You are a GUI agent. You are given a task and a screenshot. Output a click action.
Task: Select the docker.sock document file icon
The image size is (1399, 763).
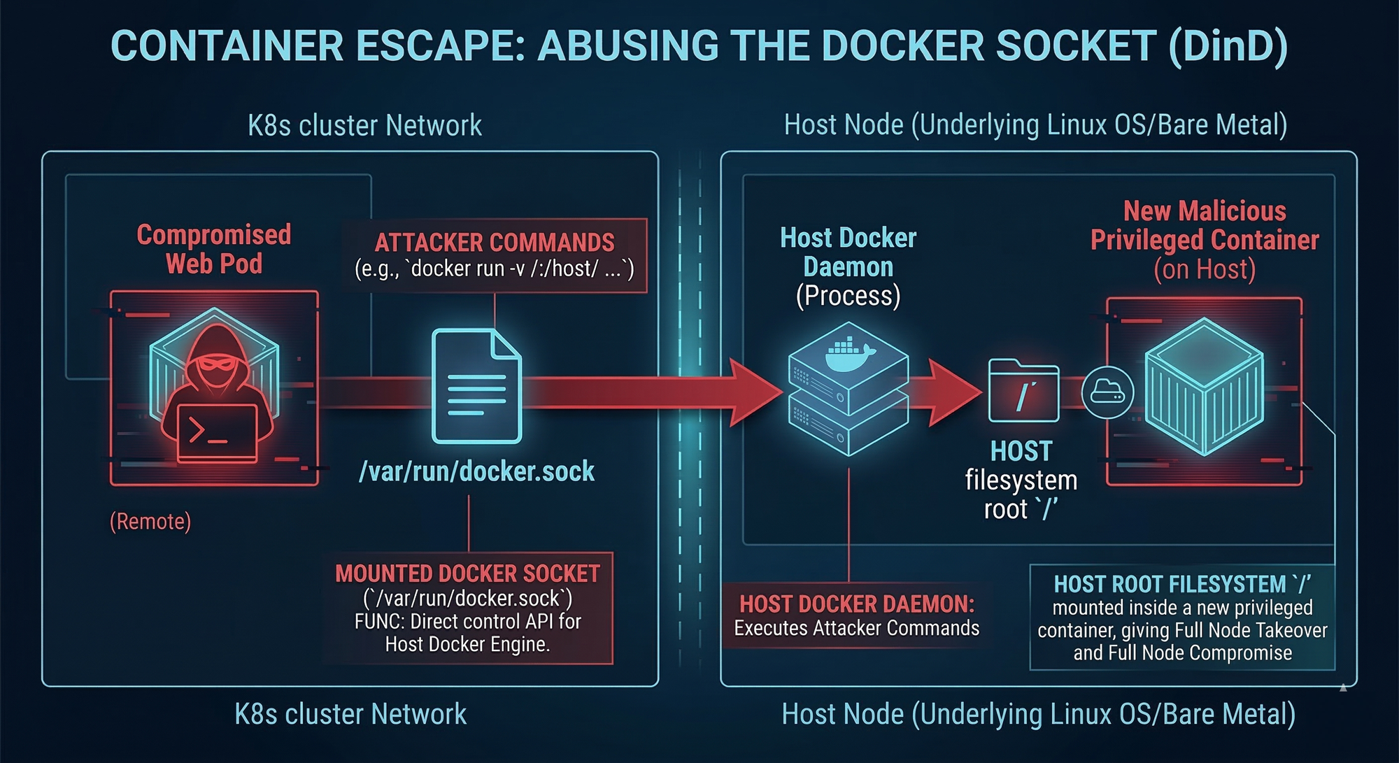pos(476,386)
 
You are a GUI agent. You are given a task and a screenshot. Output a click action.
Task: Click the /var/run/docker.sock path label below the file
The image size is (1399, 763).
pos(476,472)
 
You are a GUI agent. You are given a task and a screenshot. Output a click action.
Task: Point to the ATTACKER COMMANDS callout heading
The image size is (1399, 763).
pos(495,243)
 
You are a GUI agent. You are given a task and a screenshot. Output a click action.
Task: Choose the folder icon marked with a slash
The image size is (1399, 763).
pos(1023,391)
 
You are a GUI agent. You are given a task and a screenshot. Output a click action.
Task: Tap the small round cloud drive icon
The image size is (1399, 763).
pos(1107,392)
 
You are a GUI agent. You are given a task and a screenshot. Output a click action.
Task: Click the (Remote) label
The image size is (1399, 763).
pos(150,522)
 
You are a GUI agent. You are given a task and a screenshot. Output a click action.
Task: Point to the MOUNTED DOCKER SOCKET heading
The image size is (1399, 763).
pos(467,574)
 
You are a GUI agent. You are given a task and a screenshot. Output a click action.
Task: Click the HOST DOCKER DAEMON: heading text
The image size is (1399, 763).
pos(857,604)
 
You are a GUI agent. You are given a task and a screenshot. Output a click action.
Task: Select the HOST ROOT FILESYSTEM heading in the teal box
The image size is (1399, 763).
pos(1182,584)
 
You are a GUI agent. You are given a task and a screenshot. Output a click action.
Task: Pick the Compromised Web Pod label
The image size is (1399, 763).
pos(214,250)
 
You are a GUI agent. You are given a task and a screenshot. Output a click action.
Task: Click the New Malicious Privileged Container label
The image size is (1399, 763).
pos(1205,226)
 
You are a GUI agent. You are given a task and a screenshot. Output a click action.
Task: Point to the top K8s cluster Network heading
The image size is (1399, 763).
pos(364,126)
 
